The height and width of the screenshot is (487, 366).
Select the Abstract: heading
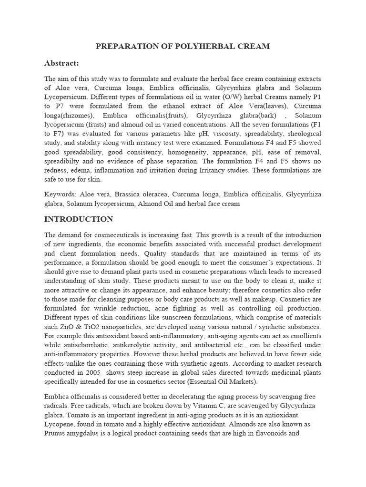pyautogui.click(x=61, y=63)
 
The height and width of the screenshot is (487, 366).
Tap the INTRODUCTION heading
pyautogui.click(x=79, y=219)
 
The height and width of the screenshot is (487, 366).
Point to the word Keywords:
pyautogui.click(x=61, y=195)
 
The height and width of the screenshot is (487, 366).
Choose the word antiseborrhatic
pyautogui.click(x=86, y=344)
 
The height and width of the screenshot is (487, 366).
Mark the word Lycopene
pyautogui.click(x=60, y=424)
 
